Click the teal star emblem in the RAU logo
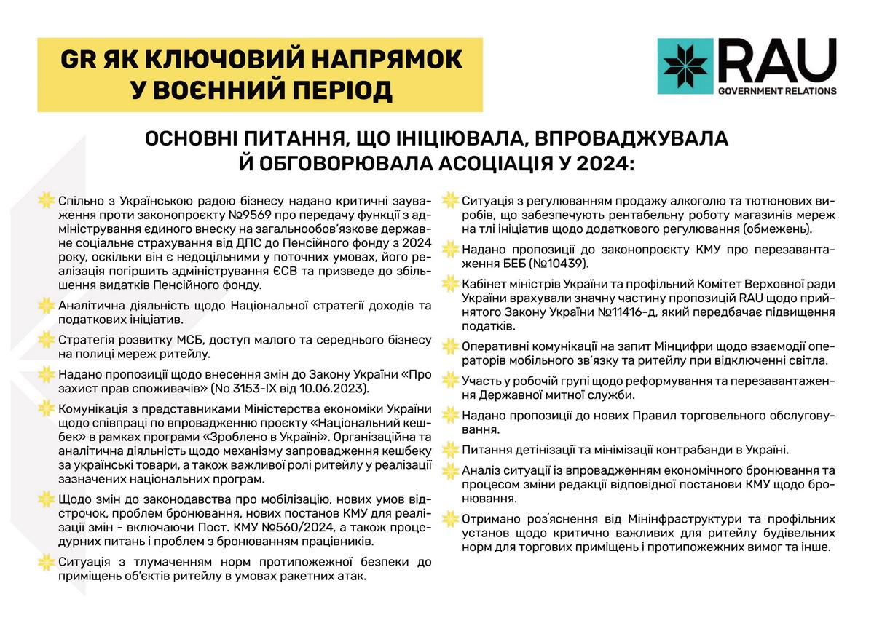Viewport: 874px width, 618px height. [x=685, y=66]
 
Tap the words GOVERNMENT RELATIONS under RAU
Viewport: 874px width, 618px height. [x=777, y=91]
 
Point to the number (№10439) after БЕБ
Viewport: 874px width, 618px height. [x=554, y=264]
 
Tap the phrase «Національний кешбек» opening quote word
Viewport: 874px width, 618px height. [x=350, y=422]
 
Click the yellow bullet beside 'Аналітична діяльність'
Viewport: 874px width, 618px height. [x=46, y=306]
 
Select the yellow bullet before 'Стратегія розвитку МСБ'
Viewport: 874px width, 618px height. [x=46, y=340]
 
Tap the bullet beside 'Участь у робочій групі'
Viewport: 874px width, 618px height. [x=450, y=381]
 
